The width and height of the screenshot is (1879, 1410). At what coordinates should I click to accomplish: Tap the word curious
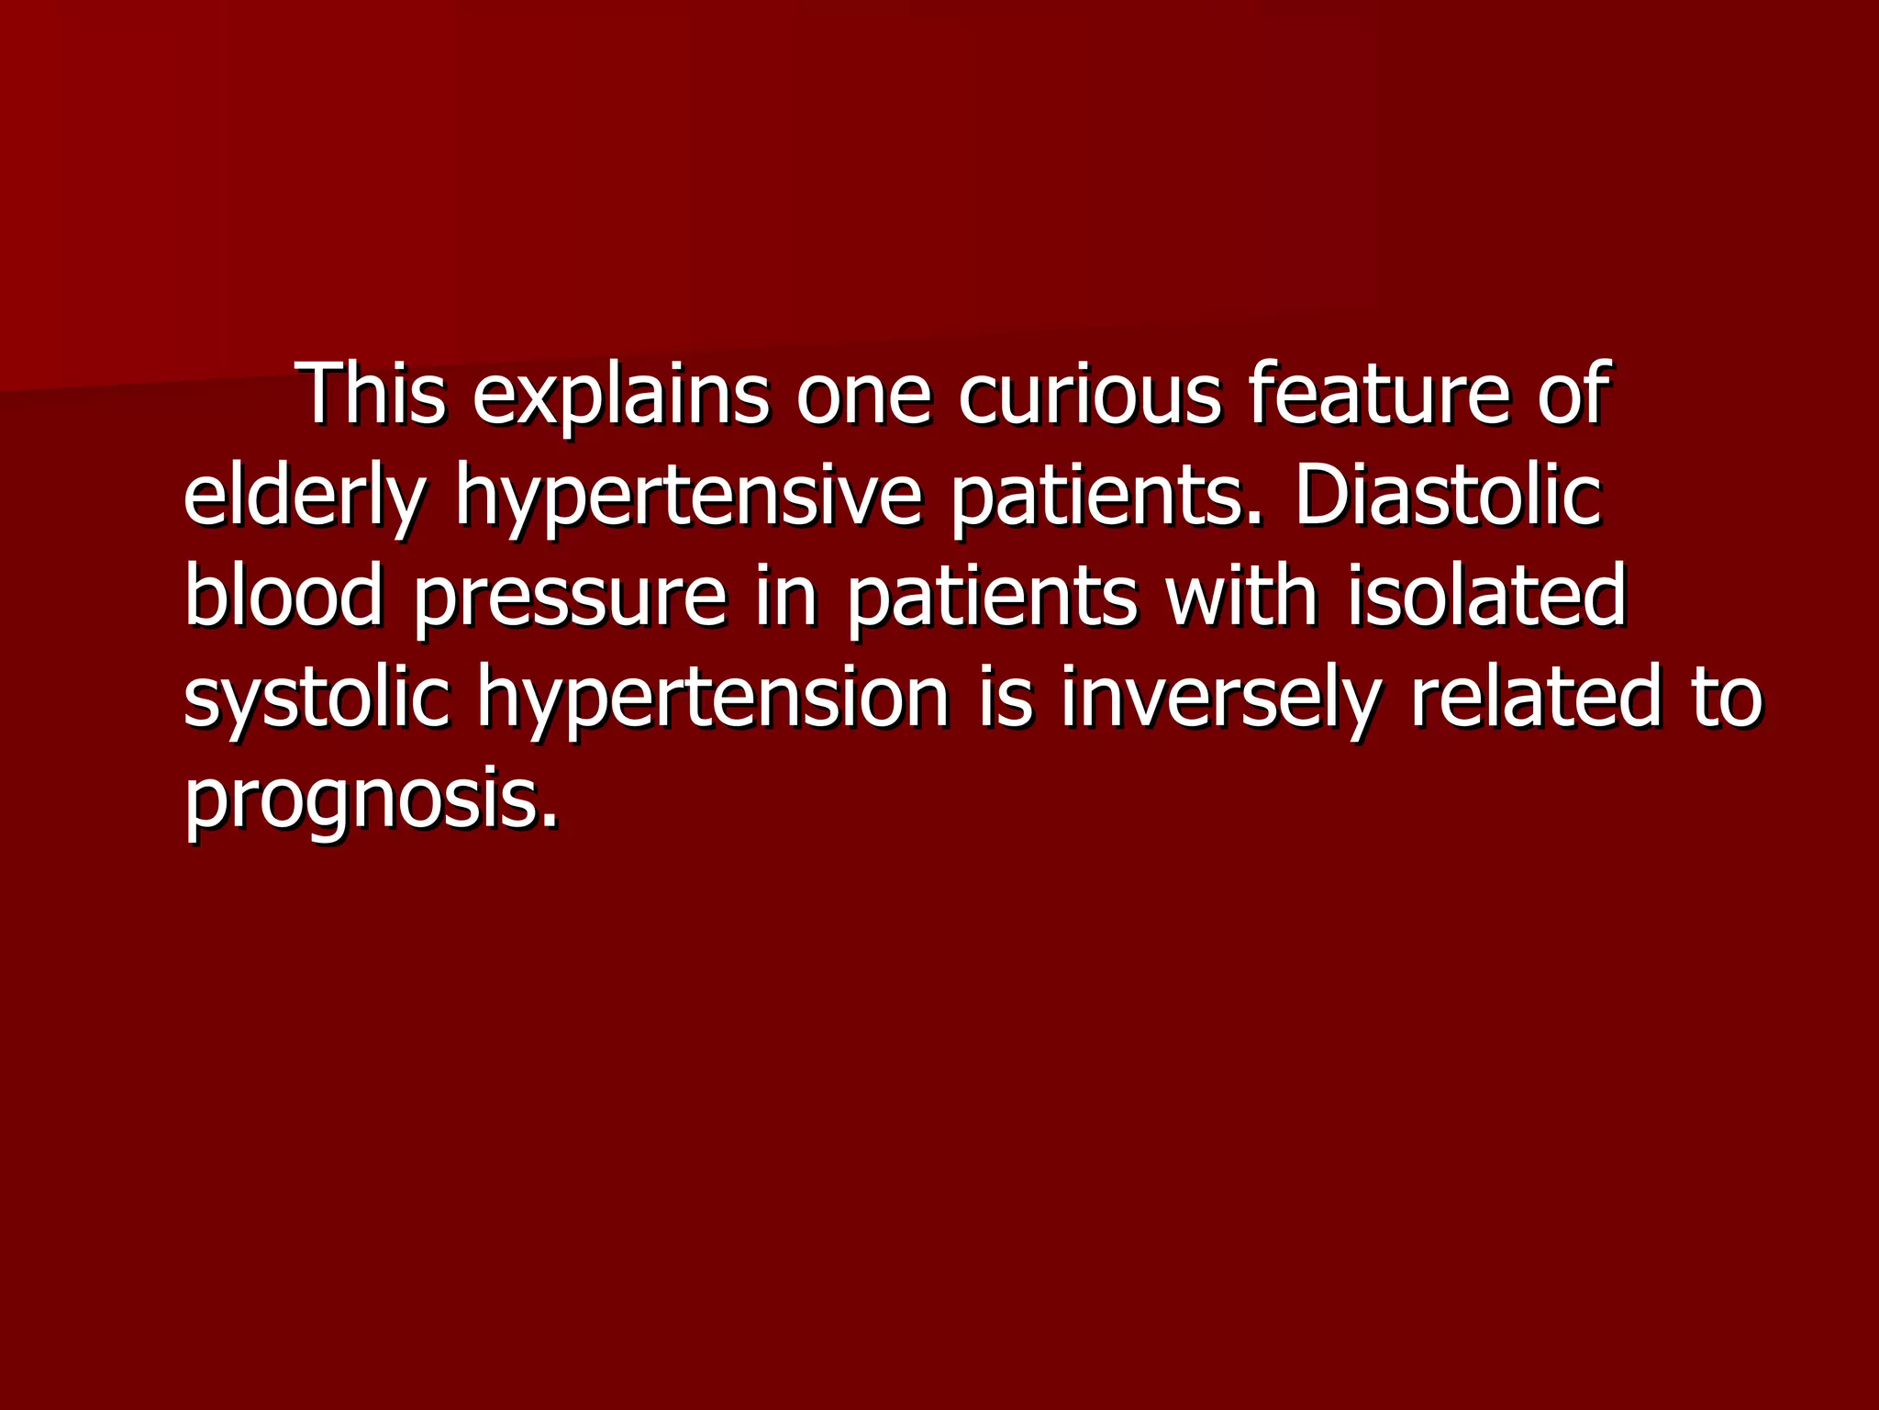pyautogui.click(x=1090, y=395)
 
